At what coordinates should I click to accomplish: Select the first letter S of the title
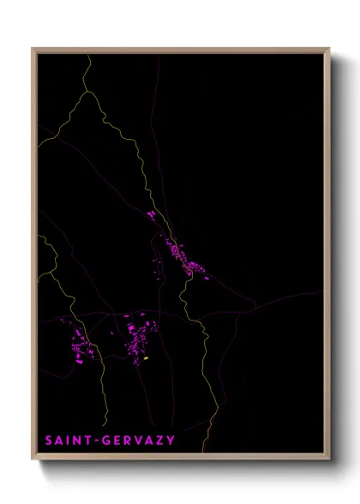pos(48,441)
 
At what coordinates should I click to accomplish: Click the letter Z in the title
pos(159,441)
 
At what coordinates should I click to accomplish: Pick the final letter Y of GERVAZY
pos(170,441)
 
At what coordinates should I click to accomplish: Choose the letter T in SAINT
pos(90,441)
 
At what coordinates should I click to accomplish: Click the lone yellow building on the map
pos(147,357)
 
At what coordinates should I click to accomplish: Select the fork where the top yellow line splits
pos(85,88)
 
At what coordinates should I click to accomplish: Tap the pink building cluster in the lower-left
pos(82,346)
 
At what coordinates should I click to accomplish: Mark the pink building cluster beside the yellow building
pos(135,343)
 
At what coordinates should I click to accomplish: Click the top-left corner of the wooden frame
pos(33,49)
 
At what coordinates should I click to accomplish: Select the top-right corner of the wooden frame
pos(330,49)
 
